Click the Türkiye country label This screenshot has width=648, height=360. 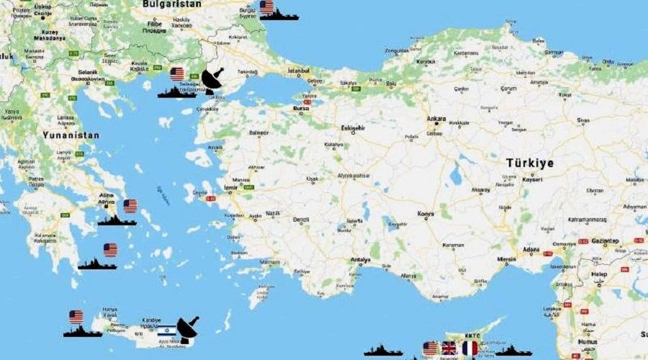pos(530,163)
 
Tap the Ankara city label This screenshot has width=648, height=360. pos(436,120)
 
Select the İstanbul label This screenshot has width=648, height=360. pos(299,71)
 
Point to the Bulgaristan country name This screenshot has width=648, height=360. pos(172,4)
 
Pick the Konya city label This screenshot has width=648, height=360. pos(426,215)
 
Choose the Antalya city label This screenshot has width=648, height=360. pos(360,261)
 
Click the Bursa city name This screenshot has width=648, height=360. pos(300,108)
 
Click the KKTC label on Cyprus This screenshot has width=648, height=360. pos(472,336)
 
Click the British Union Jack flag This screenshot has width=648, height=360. pos(449,348)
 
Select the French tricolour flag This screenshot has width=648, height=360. pos(469,348)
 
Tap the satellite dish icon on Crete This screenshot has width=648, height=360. pos(188,329)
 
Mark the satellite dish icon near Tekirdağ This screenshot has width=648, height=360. pos(212,81)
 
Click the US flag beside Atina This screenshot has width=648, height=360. pos(130,206)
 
